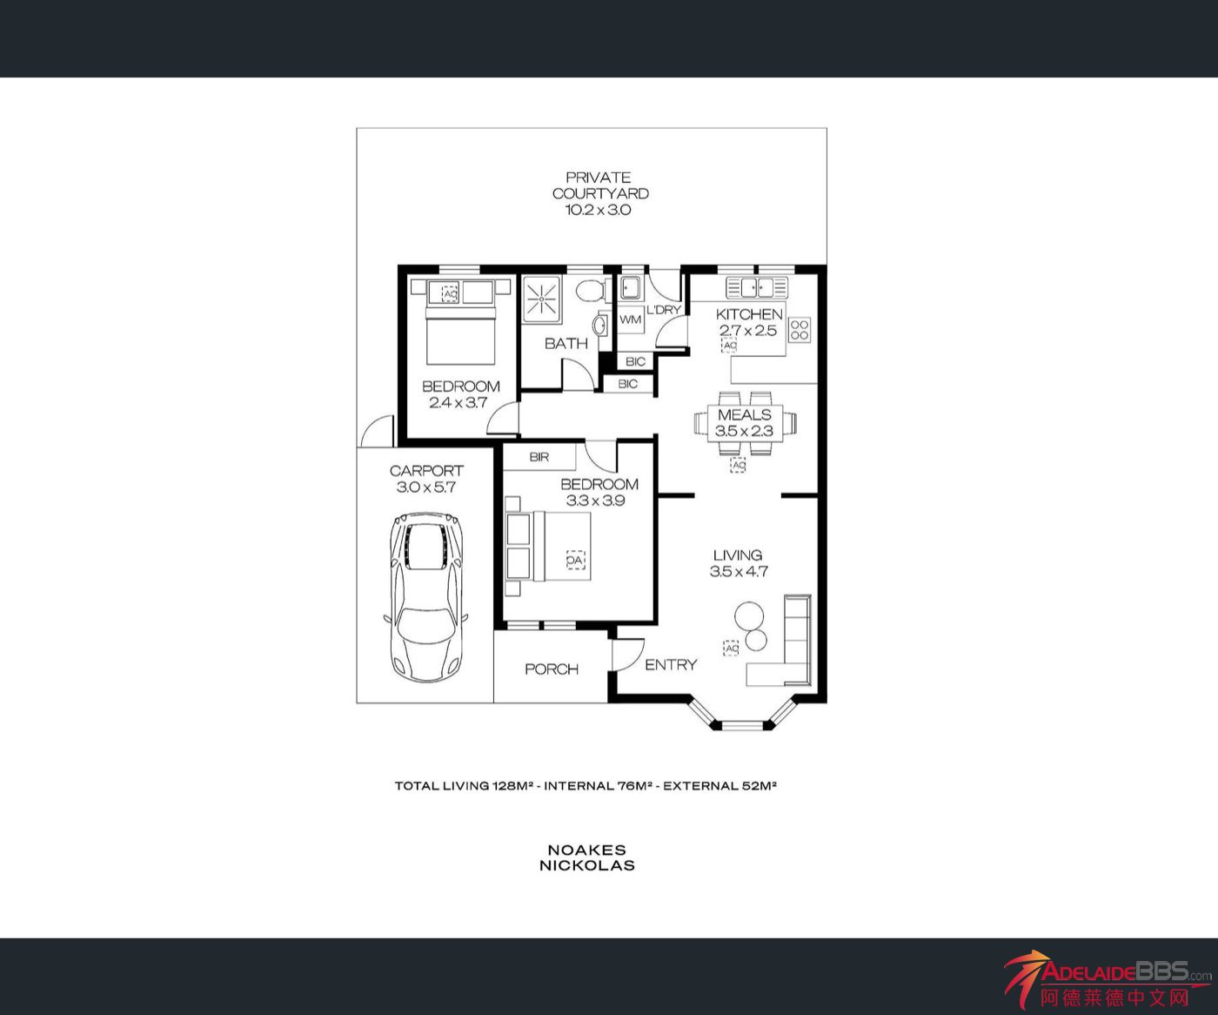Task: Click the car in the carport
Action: (x=425, y=597)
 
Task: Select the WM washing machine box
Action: (x=631, y=319)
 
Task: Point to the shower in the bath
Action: (x=542, y=299)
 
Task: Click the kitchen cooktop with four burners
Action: (x=800, y=330)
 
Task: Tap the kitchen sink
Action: (x=757, y=288)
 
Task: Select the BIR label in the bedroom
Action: (x=539, y=457)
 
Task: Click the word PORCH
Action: (x=552, y=669)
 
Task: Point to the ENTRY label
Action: (x=671, y=665)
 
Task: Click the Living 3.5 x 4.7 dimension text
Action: (x=739, y=571)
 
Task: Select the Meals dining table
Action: (x=745, y=423)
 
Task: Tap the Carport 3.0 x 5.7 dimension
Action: (x=425, y=487)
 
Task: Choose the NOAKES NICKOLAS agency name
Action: (x=587, y=857)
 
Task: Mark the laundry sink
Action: (x=629, y=288)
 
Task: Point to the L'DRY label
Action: (x=663, y=310)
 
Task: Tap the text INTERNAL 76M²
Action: (x=598, y=785)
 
